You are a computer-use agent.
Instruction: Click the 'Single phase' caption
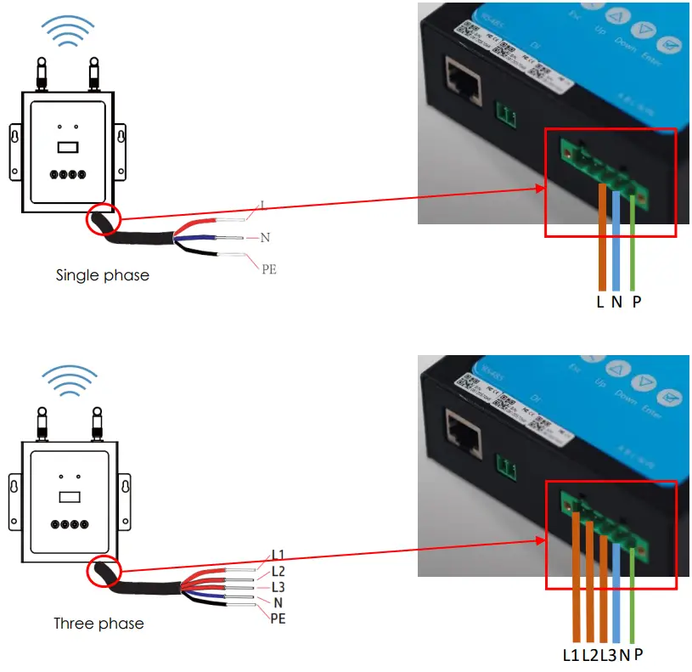(x=102, y=275)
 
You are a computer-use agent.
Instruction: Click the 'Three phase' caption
(x=98, y=624)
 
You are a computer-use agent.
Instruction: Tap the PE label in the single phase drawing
(x=268, y=269)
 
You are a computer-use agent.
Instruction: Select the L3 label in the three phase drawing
(x=278, y=587)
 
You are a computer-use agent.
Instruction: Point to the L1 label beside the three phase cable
(x=278, y=554)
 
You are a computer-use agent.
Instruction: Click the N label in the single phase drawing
(x=265, y=238)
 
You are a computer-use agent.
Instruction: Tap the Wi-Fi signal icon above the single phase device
(x=69, y=31)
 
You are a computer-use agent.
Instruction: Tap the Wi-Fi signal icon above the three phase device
(x=69, y=381)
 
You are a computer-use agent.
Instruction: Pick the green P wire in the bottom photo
(x=633, y=595)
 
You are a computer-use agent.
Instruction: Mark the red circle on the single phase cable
(x=104, y=220)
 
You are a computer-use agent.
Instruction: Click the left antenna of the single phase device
(x=40, y=72)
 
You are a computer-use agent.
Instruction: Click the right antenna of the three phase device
(x=93, y=422)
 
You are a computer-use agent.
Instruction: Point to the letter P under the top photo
(x=637, y=302)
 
